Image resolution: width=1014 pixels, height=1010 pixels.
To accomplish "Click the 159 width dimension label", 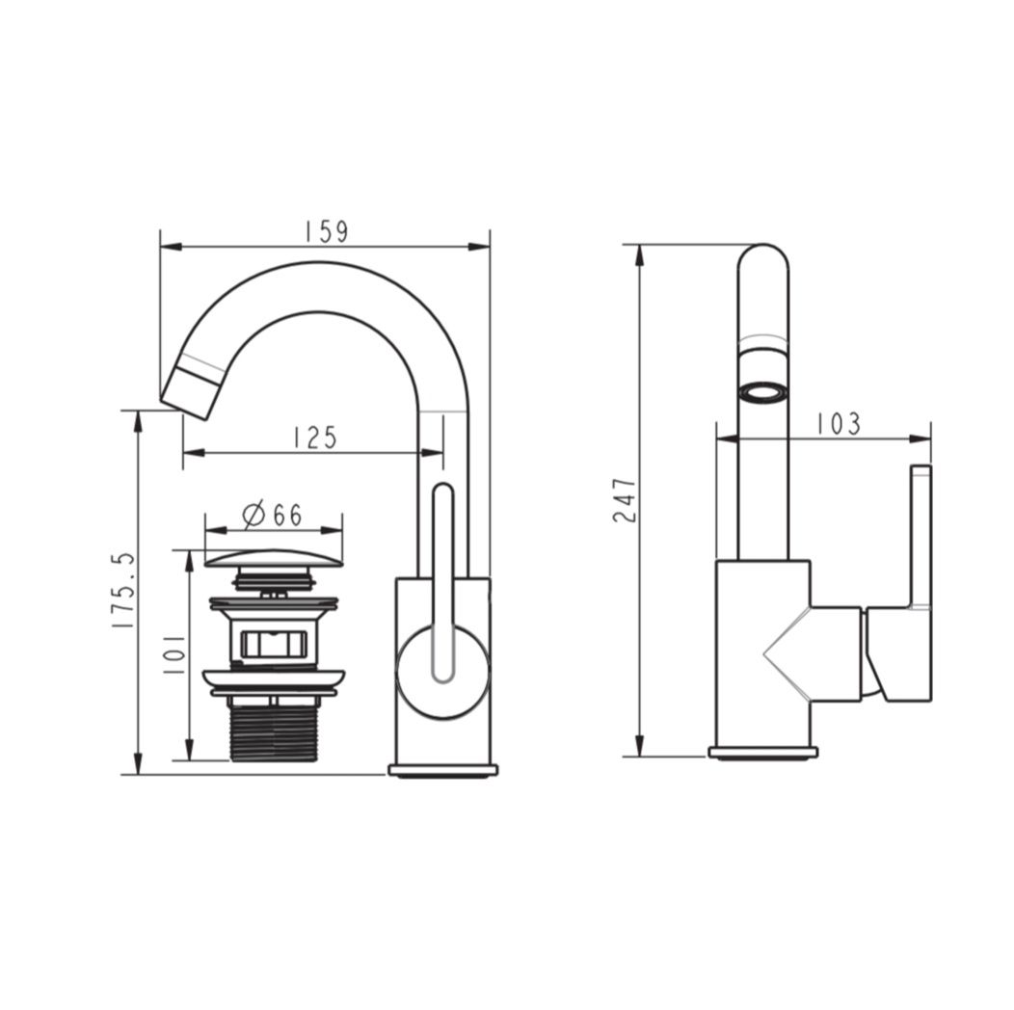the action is [327, 231].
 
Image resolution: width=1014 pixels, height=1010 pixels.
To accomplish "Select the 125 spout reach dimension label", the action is [315, 438].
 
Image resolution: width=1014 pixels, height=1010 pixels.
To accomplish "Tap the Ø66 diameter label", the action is [272, 515].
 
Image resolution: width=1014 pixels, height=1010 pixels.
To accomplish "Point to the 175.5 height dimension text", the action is [122, 591].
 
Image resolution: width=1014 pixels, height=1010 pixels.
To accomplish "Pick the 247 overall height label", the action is [625, 500].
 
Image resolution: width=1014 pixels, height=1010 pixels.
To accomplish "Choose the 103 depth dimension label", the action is [839, 424].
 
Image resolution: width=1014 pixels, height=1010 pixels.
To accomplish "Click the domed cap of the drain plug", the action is [274, 558].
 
